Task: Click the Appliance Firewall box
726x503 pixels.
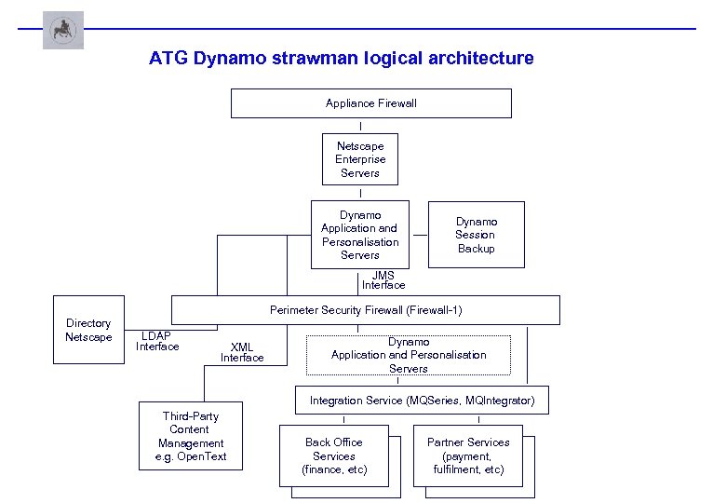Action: pos(370,103)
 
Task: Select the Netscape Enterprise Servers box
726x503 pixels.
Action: pos(359,159)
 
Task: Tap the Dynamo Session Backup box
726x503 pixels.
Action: pos(476,235)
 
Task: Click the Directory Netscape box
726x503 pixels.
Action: pos(88,330)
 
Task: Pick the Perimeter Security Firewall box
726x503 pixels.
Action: pos(365,310)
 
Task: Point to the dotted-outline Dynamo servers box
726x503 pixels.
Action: pos(409,355)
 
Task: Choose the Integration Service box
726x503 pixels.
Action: pos(422,401)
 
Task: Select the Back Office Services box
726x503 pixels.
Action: pos(333,455)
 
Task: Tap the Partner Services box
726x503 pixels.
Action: pos(467,455)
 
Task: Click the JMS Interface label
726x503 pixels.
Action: pos(383,280)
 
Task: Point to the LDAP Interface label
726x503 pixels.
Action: pos(156,341)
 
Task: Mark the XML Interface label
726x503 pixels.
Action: pos(242,352)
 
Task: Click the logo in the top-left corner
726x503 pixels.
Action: pos(63,30)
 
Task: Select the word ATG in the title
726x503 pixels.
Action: pos(168,59)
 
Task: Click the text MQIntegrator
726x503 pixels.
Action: pos(501,401)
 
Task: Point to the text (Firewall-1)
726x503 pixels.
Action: pos(429,310)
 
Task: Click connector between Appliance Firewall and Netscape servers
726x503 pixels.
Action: pos(359,126)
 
